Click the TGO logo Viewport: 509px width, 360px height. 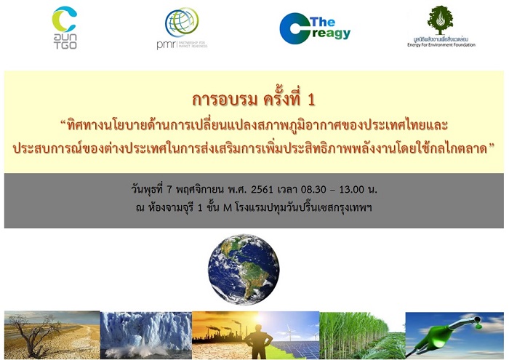click(x=65, y=28)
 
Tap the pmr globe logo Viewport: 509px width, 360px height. click(x=182, y=28)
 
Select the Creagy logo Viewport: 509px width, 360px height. click(x=315, y=28)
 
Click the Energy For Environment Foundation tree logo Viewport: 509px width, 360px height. click(x=441, y=27)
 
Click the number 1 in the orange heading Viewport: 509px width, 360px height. click(x=311, y=100)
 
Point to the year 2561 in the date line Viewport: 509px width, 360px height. click(x=262, y=189)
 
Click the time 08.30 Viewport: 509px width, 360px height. click(x=313, y=189)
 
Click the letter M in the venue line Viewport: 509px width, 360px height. click(x=227, y=208)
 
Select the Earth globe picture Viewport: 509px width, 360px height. click(x=244, y=269)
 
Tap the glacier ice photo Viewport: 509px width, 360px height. click(x=145, y=335)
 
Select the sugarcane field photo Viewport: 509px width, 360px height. click(x=363, y=335)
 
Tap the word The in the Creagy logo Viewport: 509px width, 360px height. click(x=322, y=22)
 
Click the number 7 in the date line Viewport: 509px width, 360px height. click(x=169, y=189)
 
